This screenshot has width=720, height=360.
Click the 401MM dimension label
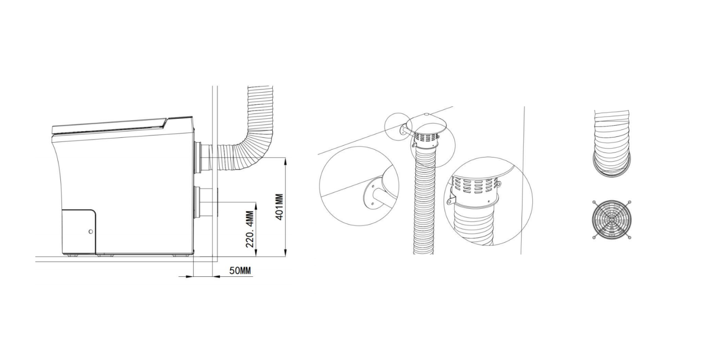(x=279, y=207)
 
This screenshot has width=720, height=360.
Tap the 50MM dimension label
(x=240, y=270)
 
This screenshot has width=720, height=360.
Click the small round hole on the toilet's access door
(x=90, y=232)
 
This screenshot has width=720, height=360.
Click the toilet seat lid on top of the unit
(x=109, y=126)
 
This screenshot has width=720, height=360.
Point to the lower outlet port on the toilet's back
(x=206, y=202)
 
